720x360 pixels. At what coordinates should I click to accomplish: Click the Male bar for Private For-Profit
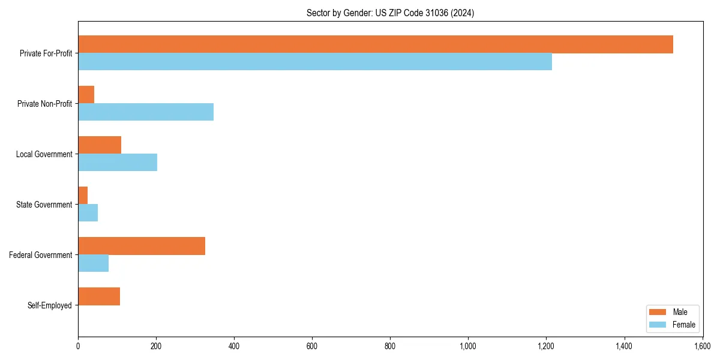coord(376,44)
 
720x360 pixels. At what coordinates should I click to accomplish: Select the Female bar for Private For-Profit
coord(315,62)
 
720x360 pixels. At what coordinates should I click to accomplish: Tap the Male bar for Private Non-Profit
coord(86,95)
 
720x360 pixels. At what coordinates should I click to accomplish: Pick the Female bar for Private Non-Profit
coord(146,112)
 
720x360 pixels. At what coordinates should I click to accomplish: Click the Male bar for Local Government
coord(100,145)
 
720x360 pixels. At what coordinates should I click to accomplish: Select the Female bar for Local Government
coord(118,163)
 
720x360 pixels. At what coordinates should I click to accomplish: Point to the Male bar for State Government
coord(83,196)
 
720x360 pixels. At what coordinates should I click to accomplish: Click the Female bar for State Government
coord(88,213)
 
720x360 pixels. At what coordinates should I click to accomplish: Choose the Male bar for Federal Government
coord(142,246)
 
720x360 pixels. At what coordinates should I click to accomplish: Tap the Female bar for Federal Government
coord(94,263)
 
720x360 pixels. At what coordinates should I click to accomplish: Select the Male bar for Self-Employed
coord(99,296)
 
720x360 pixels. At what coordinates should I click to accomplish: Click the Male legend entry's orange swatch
coord(658,312)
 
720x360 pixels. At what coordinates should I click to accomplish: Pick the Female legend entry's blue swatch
coord(658,325)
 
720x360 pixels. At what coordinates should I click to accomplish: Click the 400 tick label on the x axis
coord(234,346)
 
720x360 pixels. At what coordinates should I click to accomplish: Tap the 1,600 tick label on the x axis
coord(702,346)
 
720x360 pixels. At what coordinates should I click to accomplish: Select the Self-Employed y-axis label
coord(50,305)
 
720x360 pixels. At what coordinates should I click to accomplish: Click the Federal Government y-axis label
coord(41,255)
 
